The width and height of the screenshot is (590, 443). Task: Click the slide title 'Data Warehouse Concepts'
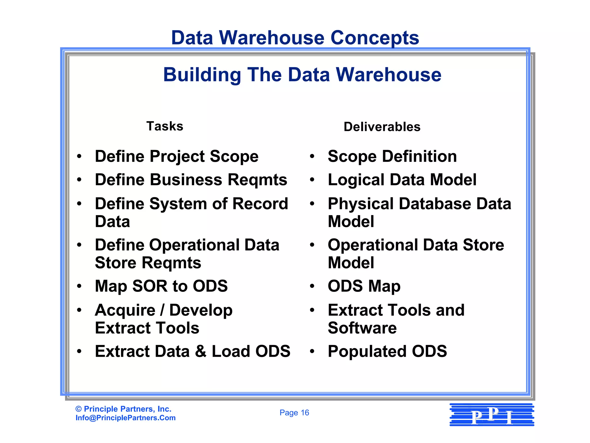[295, 38]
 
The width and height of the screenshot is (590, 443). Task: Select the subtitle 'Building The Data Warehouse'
[302, 75]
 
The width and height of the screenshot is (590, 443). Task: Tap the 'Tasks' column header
[165, 126]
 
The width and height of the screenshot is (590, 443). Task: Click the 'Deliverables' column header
[382, 127]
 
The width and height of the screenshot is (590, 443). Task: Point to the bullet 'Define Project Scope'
[177, 157]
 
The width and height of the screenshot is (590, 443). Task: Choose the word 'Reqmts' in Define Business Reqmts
[257, 180]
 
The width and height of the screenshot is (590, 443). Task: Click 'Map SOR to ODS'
[161, 286]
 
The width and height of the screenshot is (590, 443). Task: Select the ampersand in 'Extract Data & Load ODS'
[201, 352]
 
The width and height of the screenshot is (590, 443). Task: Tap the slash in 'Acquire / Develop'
[162, 310]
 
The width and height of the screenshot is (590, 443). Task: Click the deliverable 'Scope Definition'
[392, 157]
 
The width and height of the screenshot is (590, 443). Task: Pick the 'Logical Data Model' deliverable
[402, 180]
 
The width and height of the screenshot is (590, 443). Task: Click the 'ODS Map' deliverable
[364, 286]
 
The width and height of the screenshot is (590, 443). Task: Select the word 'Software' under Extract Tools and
[362, 328]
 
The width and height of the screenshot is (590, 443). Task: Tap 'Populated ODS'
[387, 352]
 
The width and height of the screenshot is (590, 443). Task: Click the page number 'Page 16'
[294, 413]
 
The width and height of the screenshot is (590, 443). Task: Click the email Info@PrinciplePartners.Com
[126, 418]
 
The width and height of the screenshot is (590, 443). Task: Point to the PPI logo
[492, 415]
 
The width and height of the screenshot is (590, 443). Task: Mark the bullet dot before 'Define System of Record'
[80, 204]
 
